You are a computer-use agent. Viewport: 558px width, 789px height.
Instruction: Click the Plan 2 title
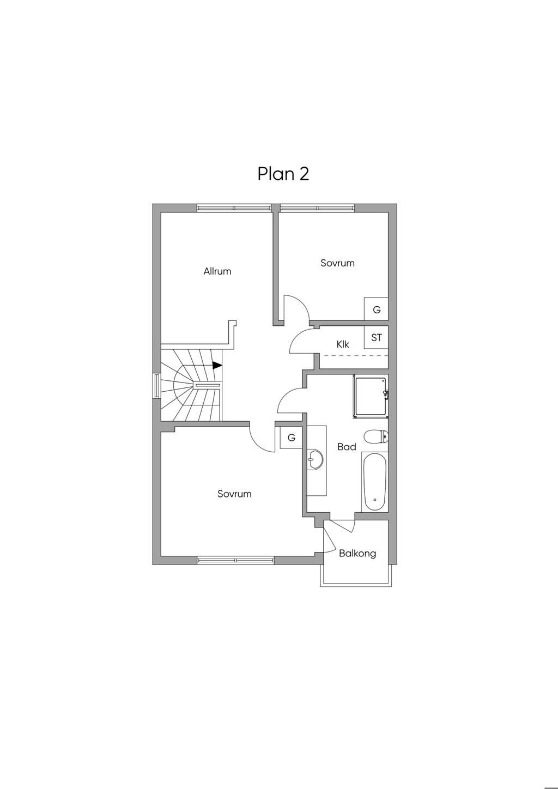pyautogui.click(x=283, y=174)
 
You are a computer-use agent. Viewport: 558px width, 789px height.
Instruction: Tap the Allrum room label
pyautogui.click(x=217, y=271)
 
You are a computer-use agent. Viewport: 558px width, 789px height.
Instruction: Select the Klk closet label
pyautogui.click(x=342, y=344)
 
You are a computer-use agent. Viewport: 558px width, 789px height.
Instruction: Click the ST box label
pyautogui.click(x=376, y=337)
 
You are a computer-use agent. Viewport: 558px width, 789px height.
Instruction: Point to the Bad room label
pyautogui.click(x=347, y=447)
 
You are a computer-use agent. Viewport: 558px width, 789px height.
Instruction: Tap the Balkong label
pyautogui.click(x=357, y=554)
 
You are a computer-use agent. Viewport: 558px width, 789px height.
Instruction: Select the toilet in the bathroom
pyautogui.click(x=376, y=437)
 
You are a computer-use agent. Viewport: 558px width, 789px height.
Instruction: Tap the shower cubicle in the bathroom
pyautogui.click(x=371, y=397)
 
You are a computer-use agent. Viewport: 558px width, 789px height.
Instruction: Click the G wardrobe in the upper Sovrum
pyautogui.click(x=376, y=309)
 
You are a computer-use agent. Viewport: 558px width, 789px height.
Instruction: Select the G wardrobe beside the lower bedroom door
pyautogui.click(x=292, y=438)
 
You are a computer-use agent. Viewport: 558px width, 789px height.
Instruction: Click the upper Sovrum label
pyautogui.click(x=337, y=263)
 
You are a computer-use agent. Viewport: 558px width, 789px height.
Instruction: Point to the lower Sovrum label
pyautogui.click(x=234, y=494)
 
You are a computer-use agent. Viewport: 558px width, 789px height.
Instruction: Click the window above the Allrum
pyautogui.click(x=234, y=208)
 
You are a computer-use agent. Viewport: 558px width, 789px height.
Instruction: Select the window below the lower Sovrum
pyautogui.click(x=235, y=561)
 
